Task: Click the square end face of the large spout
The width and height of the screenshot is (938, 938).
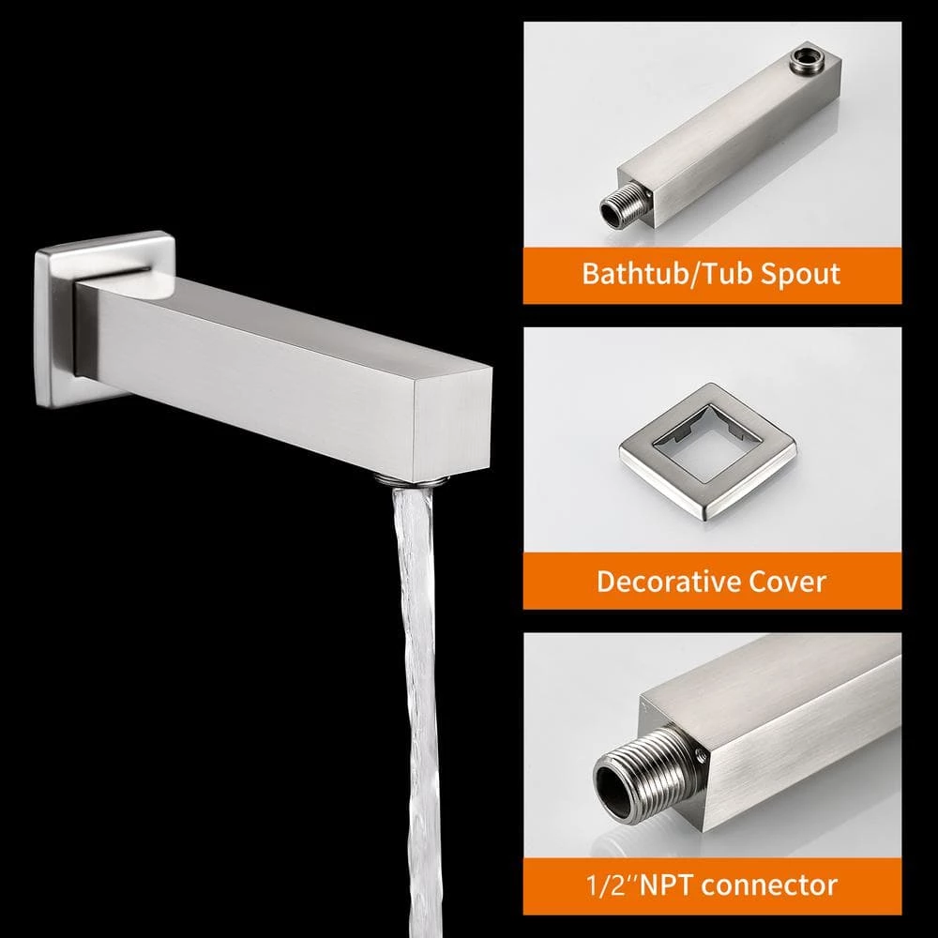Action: (x=452, y=424)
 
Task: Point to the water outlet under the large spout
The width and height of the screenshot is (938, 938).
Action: (x=412, y=478)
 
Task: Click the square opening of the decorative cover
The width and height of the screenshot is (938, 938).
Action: (x=707, y=444)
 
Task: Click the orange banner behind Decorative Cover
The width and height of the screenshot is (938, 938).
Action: (x=713, y=581)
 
